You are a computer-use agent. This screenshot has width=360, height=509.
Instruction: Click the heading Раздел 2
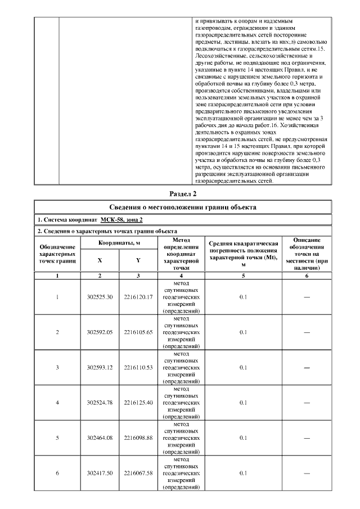point(179,194)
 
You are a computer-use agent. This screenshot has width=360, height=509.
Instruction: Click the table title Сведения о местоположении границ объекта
point(179,206)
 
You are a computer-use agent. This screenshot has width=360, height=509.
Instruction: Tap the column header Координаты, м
point(119,242)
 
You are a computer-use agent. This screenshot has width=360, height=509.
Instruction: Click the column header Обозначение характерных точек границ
point(57,254)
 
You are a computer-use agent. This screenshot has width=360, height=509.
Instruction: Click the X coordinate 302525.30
point(100,297)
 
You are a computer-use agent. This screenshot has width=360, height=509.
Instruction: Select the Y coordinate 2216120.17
point(138,297)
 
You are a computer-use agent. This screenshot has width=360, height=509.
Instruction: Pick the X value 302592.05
point(100,332)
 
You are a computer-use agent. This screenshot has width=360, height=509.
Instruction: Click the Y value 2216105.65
point(138,332)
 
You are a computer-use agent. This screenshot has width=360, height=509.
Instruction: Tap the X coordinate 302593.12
point(100,367)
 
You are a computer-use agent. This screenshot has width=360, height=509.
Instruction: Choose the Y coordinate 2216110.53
point(138,367)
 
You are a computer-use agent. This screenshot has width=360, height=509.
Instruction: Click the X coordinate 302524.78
point(100,402)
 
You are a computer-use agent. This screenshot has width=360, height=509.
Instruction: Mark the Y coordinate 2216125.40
point(138,402)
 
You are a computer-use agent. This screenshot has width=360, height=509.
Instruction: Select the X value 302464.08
point(100,438)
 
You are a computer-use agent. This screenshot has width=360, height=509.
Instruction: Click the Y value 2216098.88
point(138,438)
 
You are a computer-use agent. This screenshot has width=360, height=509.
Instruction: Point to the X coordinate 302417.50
point(100,473)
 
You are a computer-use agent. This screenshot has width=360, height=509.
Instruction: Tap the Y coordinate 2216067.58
point(138,473)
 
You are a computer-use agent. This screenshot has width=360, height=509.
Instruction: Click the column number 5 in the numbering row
point(244,276)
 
